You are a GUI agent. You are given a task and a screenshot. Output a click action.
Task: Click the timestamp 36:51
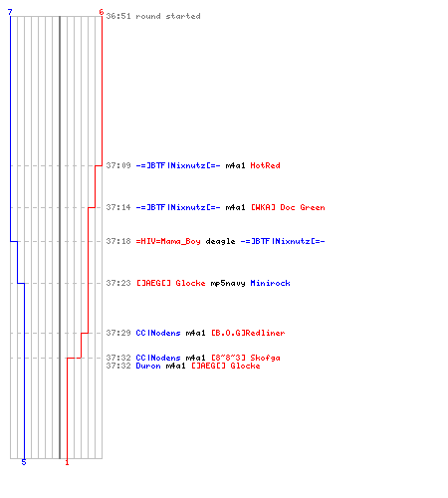[x=118, y=16]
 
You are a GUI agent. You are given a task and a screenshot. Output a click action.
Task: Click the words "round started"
[x=168, y=16]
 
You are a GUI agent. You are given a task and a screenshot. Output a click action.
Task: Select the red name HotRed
[x=265, y=165]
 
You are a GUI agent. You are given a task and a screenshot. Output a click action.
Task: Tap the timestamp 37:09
[x=118, y=165]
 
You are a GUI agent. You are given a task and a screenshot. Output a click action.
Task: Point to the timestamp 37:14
[x=118, y=207]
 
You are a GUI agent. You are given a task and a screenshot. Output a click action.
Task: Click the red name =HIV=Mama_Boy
[x=168, y=241]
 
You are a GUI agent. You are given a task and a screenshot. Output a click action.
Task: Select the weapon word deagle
[x=220, y=241]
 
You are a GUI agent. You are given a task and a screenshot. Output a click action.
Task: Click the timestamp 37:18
[x=118, y=241]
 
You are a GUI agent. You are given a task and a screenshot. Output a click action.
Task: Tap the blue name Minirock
[x=270, y=283]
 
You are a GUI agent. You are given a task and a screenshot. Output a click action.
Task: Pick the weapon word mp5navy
[x=228, y=283]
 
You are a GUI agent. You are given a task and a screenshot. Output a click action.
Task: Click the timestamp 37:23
[x=118, y=283]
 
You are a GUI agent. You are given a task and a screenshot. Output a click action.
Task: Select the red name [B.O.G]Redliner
[x=248, y=333]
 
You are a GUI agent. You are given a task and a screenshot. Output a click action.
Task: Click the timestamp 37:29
[x=118, y=333]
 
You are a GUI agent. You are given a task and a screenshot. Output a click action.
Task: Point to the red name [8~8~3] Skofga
[x=246, y=358]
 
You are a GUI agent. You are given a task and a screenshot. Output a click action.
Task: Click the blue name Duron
[x=148, y=366]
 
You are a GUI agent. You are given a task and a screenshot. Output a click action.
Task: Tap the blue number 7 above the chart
[x=10, y=12]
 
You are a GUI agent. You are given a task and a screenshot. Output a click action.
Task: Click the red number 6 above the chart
[x=102, y=12]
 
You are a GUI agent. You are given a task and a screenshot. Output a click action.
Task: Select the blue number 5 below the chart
[x=24, y=462]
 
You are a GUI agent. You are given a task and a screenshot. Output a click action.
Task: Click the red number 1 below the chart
[x=67, y=462]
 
